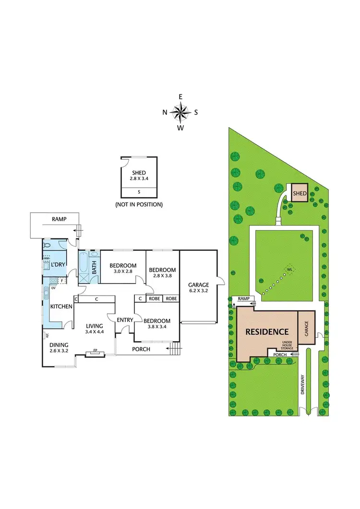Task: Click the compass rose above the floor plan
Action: click(180, 113)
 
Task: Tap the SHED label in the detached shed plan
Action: click(139, 173)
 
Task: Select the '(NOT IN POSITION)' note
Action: click(139, 204)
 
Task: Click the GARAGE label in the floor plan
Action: click(199, 284)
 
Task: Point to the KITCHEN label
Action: click(61, 307)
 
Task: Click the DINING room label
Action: click(59, 344)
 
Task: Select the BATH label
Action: click(94, 264)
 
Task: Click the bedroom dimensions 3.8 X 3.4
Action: click(157, 328)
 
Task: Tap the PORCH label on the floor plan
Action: click(141, 349)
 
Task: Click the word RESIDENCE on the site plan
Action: click(267, 331)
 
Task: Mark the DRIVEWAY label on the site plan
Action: click(303, 384)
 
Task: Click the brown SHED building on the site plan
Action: click(300, 193)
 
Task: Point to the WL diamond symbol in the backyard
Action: click(289, 269)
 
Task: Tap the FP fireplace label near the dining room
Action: click(95, 355)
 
